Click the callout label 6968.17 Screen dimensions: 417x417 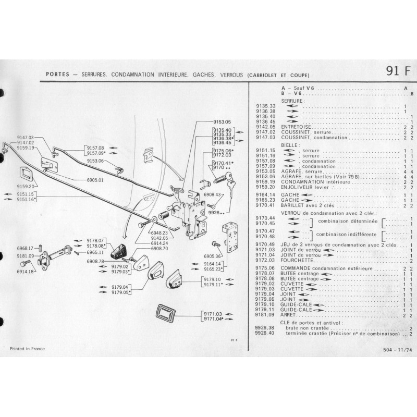click(26, 248)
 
